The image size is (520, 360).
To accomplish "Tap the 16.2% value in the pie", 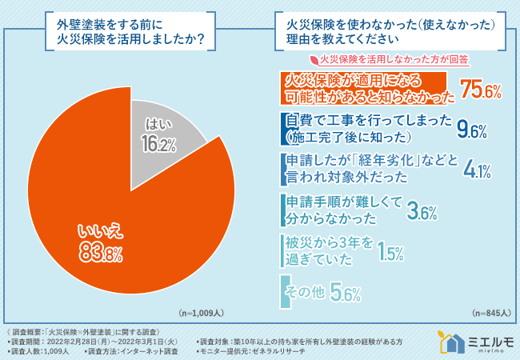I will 158,144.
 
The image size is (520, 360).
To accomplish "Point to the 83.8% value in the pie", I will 100,254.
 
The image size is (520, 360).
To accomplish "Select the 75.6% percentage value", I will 480,90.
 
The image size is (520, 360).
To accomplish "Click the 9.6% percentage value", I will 471,130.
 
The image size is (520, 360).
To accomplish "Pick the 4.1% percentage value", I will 477,168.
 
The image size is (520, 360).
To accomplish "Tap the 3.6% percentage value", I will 421,212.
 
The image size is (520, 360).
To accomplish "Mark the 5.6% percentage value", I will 346,294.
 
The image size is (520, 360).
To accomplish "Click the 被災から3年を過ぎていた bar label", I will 330,250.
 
